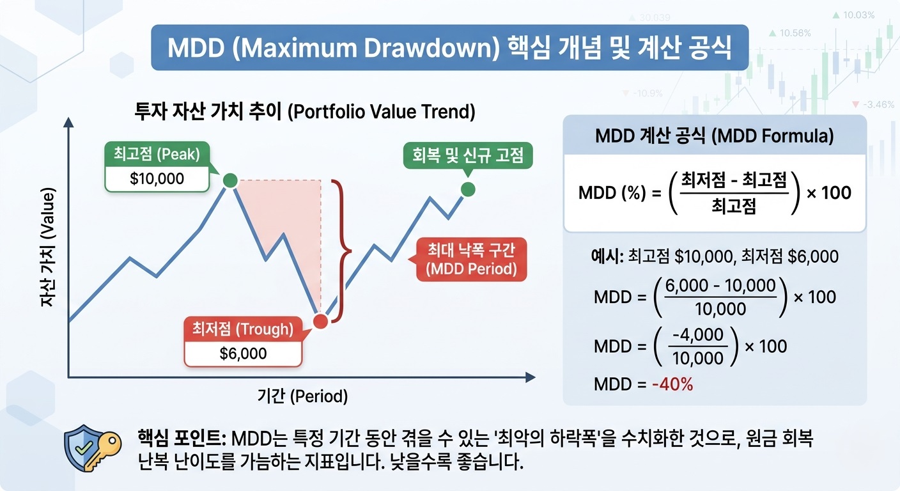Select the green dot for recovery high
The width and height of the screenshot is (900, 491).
tap(468, 189)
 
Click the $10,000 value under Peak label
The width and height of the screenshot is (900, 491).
tap(157, 178)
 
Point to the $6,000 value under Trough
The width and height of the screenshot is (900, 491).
tap(243, 354)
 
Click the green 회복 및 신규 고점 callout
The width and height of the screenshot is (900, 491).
tap(469, 156)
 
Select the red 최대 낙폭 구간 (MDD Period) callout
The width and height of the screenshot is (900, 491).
tap(471, 260)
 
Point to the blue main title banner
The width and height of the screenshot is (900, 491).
tap(449, 48)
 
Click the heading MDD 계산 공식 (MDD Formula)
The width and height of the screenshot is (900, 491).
tap(714, 136)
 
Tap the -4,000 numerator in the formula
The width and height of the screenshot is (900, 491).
tap(699, 335)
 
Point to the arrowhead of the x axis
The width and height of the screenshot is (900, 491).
tap(529, 378)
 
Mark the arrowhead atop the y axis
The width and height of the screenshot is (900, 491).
tap(69, 123)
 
